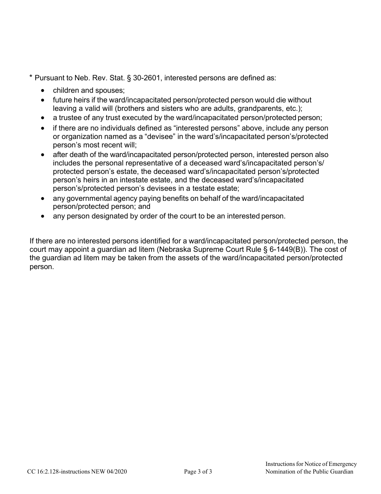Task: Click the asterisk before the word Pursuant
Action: pos(31,77)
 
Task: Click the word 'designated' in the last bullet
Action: pos(111,216)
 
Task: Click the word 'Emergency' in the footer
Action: pos(340,464)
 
